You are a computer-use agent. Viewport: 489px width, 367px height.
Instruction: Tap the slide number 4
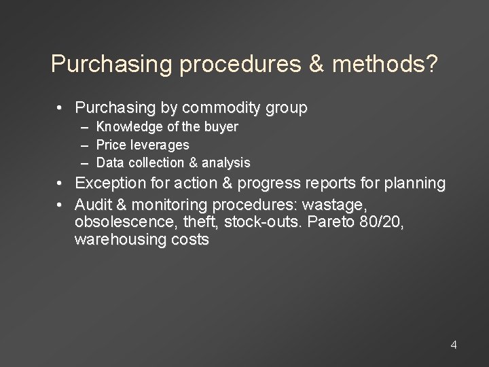[x=454, y=345]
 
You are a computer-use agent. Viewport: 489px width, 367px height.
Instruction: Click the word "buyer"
[x=223, y=127]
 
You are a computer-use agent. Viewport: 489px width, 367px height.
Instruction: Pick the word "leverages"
[x=161, y=145]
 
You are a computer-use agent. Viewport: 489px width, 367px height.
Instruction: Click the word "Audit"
[x=94, y=205]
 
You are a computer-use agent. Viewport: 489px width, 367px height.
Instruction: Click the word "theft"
[x=196, y=222]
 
